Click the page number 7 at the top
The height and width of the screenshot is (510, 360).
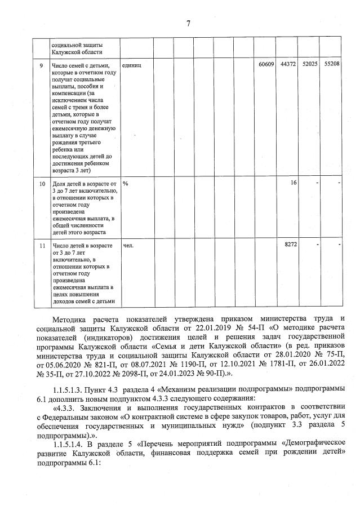189,23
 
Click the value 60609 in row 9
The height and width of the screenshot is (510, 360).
266,65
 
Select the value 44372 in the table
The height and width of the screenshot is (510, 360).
288,65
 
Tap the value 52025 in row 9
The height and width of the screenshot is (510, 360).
310,65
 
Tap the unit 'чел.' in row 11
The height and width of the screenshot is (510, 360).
128,245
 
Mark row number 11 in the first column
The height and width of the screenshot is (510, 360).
42,245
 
